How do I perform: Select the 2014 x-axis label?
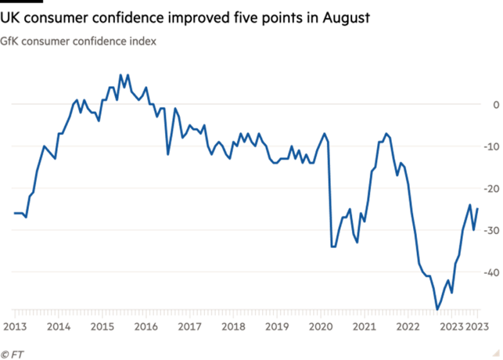58,327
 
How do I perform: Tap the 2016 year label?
145,327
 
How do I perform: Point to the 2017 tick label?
189,327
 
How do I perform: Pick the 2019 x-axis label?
277,327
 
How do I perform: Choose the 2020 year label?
321,327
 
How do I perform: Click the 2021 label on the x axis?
364,327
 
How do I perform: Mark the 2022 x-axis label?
408,327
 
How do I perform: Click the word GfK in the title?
8,42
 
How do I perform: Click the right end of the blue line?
478,208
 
